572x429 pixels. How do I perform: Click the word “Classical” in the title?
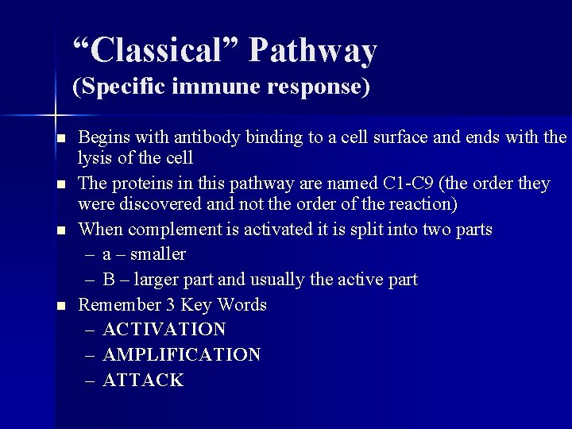click(155, 51)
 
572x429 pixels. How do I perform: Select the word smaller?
click(158, 254)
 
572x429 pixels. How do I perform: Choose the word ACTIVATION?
click(164, 329)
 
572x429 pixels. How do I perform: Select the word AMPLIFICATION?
click(182, 354)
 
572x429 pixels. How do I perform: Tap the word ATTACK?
click(143, 380)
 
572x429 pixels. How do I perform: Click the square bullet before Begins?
click(60, 139)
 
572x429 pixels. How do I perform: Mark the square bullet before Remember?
click(60, 306)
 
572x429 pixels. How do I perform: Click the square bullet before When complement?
click(60, 231)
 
